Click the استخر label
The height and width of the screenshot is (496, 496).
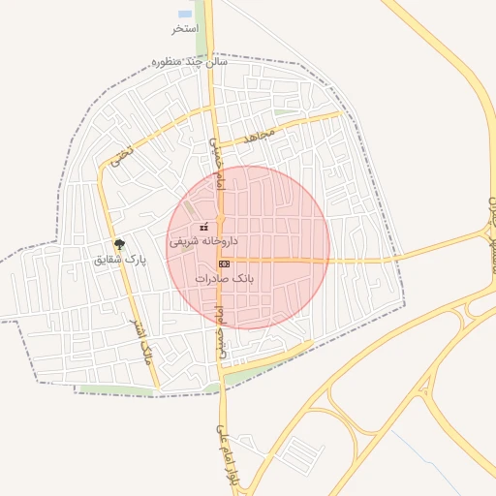[184, 29]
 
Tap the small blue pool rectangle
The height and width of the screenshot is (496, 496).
[185, 15]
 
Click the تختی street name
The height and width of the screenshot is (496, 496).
[117, 159]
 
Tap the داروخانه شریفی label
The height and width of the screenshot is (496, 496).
[203, 240]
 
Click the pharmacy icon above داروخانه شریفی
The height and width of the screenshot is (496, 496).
[203, 227]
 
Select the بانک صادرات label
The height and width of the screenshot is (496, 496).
[224, 278]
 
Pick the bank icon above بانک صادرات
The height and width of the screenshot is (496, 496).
[224, 263]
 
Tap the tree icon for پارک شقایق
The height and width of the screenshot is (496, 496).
[119, 245]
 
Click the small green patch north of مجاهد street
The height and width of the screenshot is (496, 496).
[284, 112]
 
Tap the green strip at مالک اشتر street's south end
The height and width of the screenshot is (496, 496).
[116, 390]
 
